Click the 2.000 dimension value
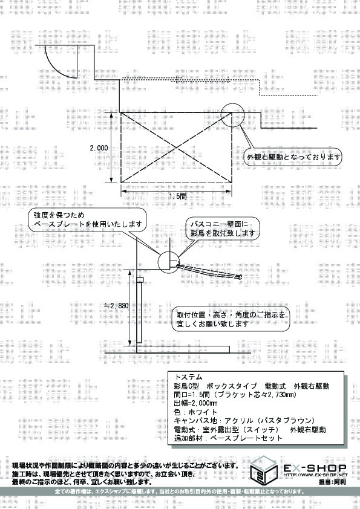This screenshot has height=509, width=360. pyautogui.click(x=99, y=148)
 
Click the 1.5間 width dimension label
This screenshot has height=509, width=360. pyautogui.click(x=178, y=196)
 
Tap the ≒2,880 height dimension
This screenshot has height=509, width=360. pyautogui.click(x=116, y=305)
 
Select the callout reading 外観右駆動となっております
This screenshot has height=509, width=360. pyautogui.click(x=293, y=157)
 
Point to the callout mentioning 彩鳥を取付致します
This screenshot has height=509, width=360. pyautogui.click(x=223, y=229)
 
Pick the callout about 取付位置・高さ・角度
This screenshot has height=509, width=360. pyautogui.click(x=231, y=319)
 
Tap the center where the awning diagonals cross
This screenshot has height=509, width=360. pyautogui.click(x=176, y=148)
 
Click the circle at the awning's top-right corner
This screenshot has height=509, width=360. pyautogui.click(x=232, y=102)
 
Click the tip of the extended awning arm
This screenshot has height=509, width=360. pyautogui.click(x=241, y=277)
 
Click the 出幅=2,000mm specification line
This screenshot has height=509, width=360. pyautogui.click(x=196, y=403)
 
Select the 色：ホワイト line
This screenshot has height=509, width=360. pyautogui.click(x=195, y=412)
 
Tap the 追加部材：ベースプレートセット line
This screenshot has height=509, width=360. pyautogui.click(x=229, y=438)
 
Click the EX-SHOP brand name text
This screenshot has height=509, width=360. pyautogui.click(x=315, y=468)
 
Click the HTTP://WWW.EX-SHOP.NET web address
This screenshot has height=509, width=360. pyautogui.click(x=315, y=475)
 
